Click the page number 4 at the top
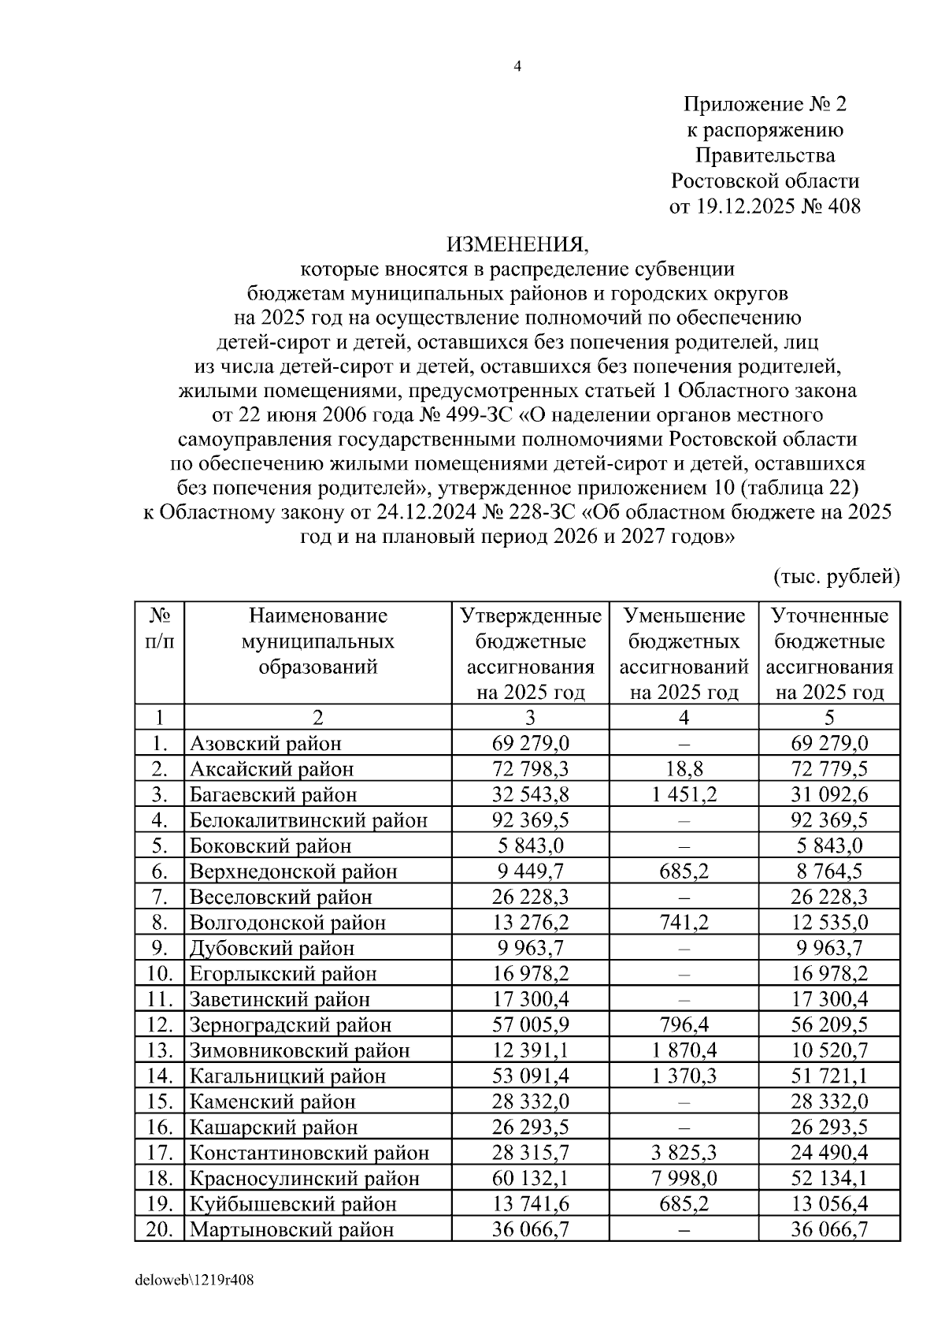pyautogui.click(x=517, y=67)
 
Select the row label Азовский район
pyautogui.click(x=265, y=743)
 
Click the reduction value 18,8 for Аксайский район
pyautogui.click(x=684, y=768)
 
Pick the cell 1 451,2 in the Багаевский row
pyautogui.click(x=684, y=794)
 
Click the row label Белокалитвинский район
pyautogui.click(x=308, y=820)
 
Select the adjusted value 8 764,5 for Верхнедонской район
pyautogui.click(x=829, y=871)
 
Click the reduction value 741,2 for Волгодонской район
pyautogui.click(x=684, y=922)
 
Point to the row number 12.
pyautogui.click(x=159, y=1024)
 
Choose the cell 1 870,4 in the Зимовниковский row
pyautogui.click(x=684, y=1050)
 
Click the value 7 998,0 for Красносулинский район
pyautogui.click(x=684, y=1178)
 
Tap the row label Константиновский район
pyautogui.click(x=309, y=1153)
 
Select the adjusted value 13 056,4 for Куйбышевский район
pyautogui.click(x=829, y=1204)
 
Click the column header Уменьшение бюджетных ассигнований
pyautogui.click(x=684, y=653)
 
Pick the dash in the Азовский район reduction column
pyautogui.click(x=684, y=744)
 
